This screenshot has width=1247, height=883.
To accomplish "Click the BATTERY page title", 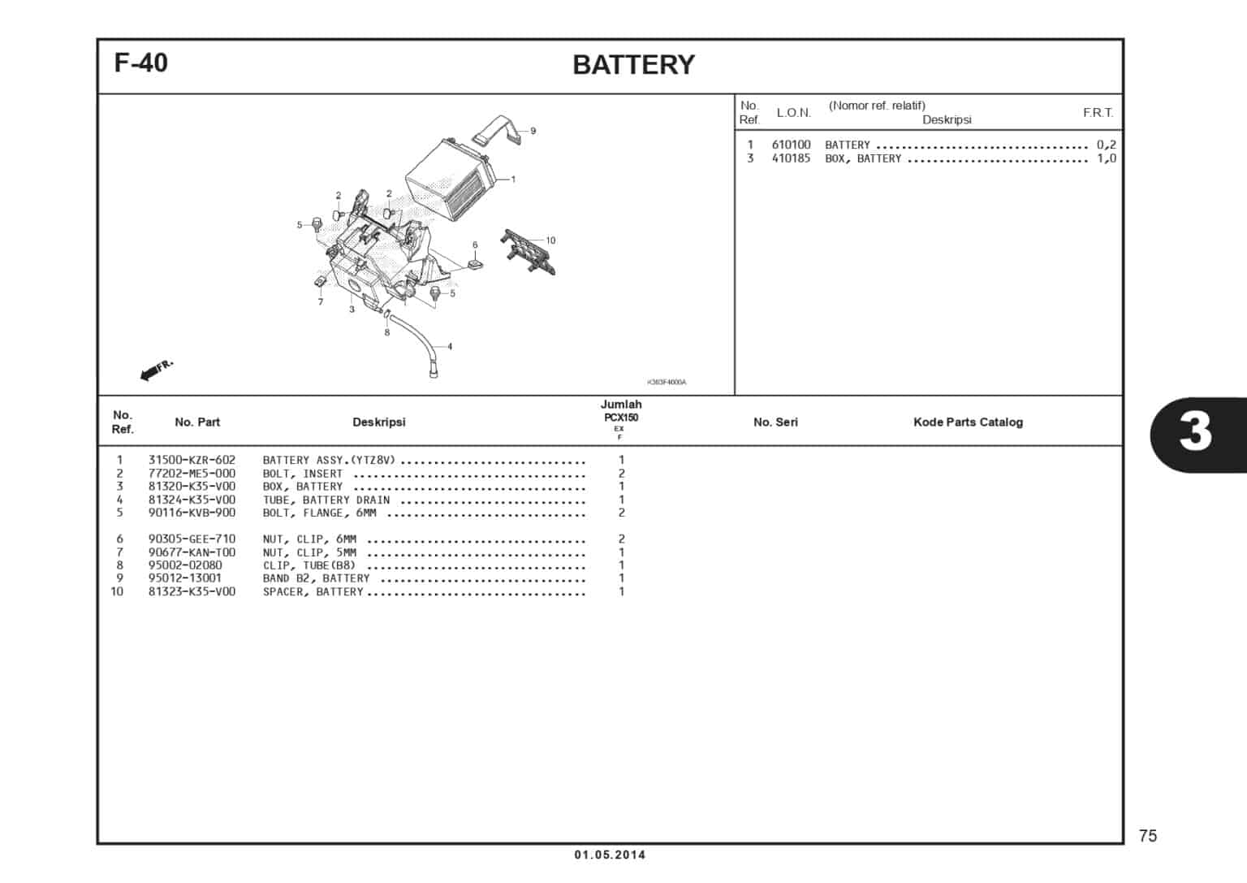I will tap(633, 65).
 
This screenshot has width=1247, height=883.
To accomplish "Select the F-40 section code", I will tap(141, 63).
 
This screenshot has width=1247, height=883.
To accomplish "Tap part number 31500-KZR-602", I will tap(192, 460).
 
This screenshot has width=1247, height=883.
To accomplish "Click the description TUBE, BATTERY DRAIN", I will tap(326, 500).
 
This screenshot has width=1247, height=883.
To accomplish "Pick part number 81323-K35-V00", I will tap(192, 591).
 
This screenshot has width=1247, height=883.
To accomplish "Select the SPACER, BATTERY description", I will tap(313, 591).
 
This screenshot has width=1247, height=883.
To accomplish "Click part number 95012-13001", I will tap(184, 578).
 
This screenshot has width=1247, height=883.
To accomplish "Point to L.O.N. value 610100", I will tap(791, 145).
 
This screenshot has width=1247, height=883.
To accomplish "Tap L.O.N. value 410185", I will tap(791, 158).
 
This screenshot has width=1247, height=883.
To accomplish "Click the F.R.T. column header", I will tap(1098, 113).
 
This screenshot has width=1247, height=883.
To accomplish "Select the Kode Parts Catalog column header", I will tap(968, 422).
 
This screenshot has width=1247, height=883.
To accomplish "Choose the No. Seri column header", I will tap(775, 422).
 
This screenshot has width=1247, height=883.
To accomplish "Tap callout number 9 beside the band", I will tap(533, 131).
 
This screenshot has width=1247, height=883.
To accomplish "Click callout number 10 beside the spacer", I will tap(550, 240).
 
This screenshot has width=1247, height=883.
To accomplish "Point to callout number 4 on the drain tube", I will tap(450, 347).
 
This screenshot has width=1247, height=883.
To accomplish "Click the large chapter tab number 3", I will tap(1195, 432).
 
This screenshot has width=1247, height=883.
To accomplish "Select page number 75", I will tap(1147, 836).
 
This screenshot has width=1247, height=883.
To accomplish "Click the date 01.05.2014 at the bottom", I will tap(610, 855).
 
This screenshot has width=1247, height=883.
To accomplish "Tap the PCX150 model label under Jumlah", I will tap(620, 418).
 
